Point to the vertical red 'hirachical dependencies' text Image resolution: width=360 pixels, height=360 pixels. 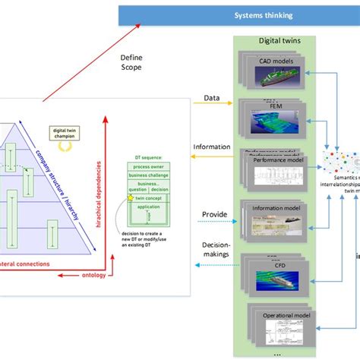[99, 187]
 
